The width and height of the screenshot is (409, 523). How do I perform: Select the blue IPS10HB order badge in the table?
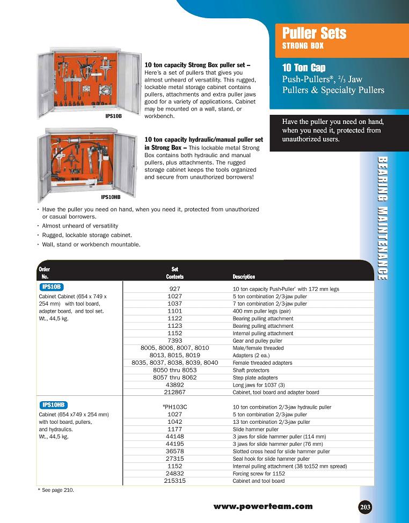coord(54,405)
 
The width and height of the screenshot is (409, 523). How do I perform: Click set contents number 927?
coord(174,289)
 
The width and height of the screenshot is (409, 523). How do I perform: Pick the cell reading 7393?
coord(174,341)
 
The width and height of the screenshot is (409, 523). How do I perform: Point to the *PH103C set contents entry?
coord(174,407)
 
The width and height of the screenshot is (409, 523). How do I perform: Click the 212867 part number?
coord(174,392)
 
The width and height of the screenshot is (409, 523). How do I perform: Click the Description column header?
coord(244,277)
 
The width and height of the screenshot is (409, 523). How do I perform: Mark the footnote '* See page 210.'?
coord(56,490)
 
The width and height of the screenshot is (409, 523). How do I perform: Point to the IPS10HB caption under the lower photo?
coord(111,197)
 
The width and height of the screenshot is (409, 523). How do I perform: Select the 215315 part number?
coord(174,481)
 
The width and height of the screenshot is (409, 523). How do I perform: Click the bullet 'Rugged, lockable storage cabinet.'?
coord(86,235)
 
